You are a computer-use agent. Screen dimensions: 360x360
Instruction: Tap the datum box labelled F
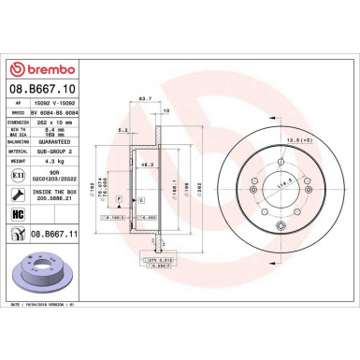coord(120,201)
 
